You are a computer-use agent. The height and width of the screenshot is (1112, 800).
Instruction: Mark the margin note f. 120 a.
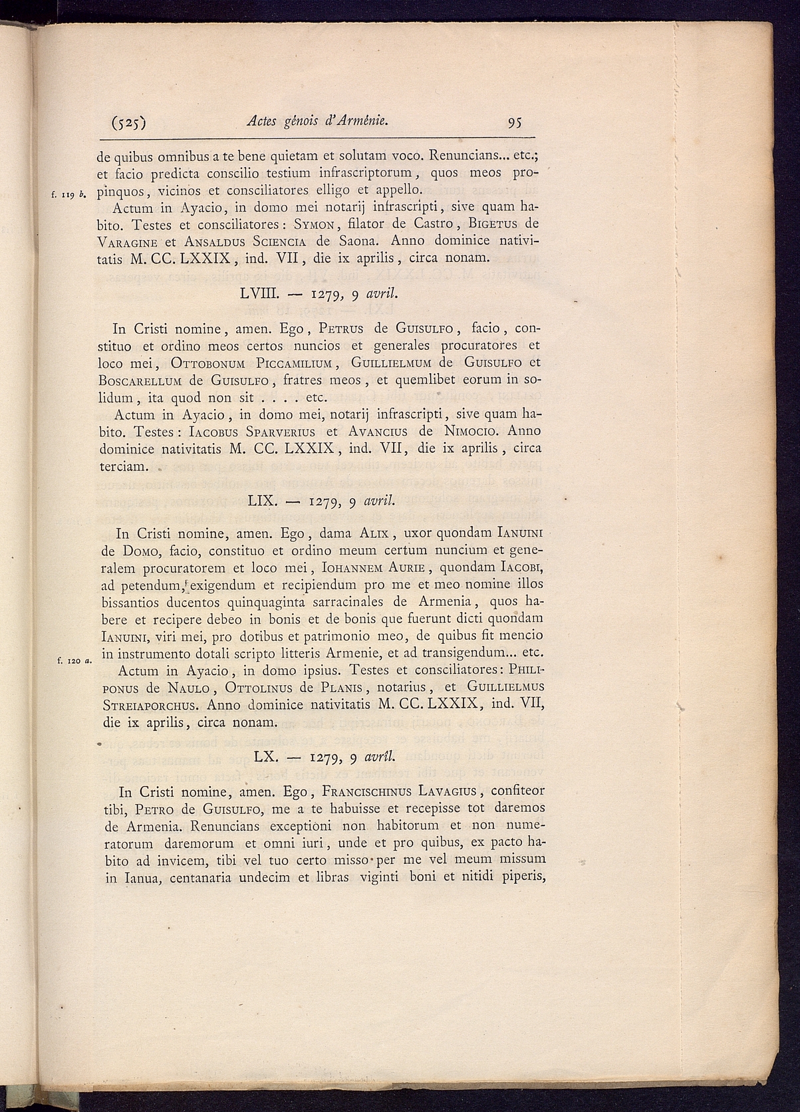click(74, 660)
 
